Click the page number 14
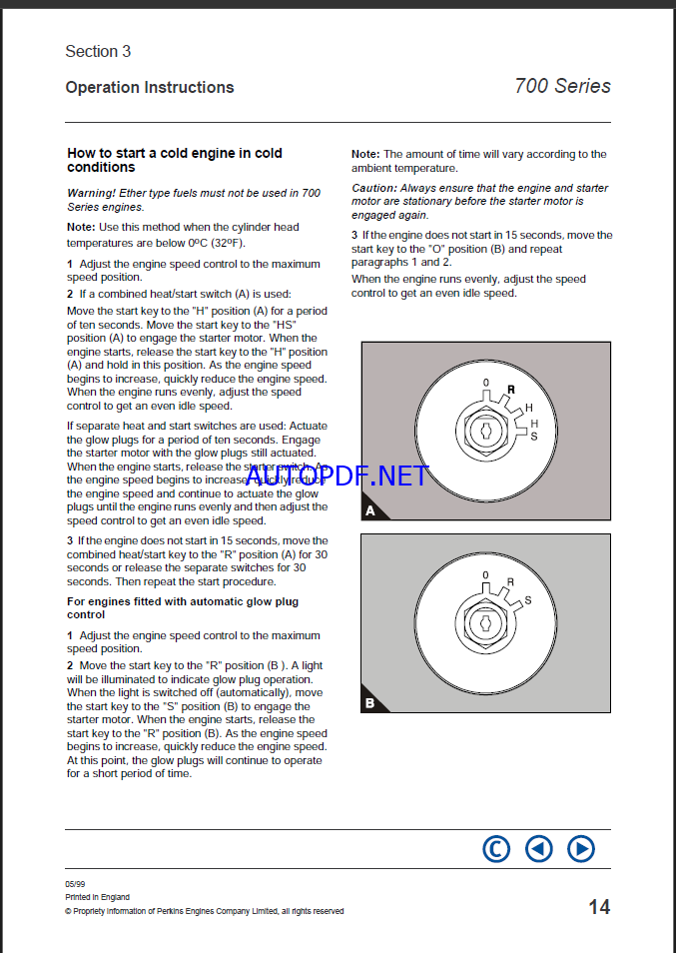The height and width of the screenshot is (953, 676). click(599, 907)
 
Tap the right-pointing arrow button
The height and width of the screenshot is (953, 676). click(581, 849)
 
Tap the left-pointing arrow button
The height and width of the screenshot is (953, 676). click(539, 849)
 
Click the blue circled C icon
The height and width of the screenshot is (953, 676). click(496, 849)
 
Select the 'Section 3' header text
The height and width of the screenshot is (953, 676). click(98, 51)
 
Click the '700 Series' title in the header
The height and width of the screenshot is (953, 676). click(562, 86)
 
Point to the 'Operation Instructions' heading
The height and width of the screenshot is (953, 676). click(150, 87)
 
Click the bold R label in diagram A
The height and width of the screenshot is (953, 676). click(511, 391)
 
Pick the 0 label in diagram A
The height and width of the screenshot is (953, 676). click(486, 384)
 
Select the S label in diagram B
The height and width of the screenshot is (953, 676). click(528, 599)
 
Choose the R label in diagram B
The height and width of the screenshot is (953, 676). click(510, 582)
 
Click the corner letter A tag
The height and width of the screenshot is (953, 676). click(370, 510)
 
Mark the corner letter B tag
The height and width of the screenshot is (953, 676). click(369, 703)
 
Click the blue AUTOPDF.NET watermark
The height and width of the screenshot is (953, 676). click(337, 476)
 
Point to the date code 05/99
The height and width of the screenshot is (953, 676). click(74, 884)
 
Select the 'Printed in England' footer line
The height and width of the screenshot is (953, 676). click(98, 897)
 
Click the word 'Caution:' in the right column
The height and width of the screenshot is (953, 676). click(373, 188)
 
